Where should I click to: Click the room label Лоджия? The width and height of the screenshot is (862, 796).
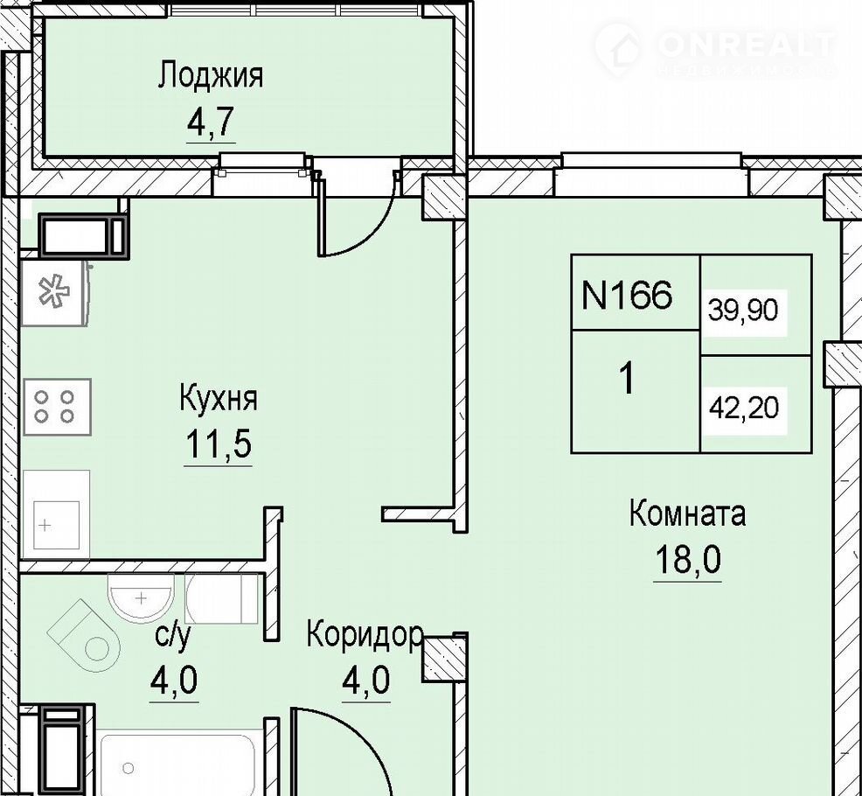[211, 76]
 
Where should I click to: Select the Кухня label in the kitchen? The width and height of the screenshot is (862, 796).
[219, 399]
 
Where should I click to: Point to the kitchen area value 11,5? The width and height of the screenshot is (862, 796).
[219, 443]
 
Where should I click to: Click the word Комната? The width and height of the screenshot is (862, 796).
[687, 513]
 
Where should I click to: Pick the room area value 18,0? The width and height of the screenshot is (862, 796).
[687, 560]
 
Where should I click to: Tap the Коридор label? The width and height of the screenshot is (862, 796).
[365, 635]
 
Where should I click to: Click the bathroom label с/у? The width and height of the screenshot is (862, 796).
[173, 636]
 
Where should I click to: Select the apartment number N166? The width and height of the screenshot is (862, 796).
[627, 296]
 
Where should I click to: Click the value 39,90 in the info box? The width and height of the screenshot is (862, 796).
[743, 311]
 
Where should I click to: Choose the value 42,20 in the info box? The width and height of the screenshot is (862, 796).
[744, 408]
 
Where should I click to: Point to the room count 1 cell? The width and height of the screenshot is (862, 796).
[627, 379]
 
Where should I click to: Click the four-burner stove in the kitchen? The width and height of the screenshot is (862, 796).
[56, 407]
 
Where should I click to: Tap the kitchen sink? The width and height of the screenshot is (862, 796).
[56, 513]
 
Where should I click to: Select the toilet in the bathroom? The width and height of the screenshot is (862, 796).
[84, 636]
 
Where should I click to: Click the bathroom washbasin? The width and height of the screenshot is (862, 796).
[142, 598]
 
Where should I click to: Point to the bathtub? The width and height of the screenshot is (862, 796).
[177, 765]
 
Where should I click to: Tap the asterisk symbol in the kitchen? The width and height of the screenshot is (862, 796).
[53, 291]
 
